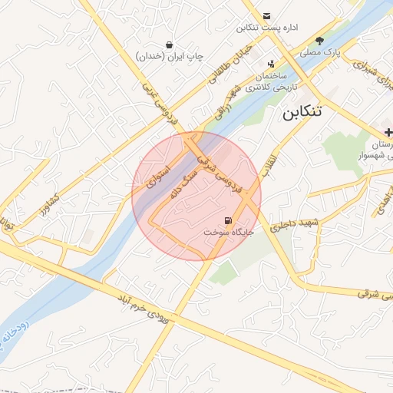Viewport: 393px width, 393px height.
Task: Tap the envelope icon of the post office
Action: (266, 15)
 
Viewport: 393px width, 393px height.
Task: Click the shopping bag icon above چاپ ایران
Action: (169, 45)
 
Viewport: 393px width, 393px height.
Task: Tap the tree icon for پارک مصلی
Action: (319, 41)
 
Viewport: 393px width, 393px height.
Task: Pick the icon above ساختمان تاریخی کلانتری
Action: (271, 64)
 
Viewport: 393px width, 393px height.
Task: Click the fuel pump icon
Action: (226, 220)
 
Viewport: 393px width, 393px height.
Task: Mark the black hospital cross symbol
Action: (388, 133)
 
